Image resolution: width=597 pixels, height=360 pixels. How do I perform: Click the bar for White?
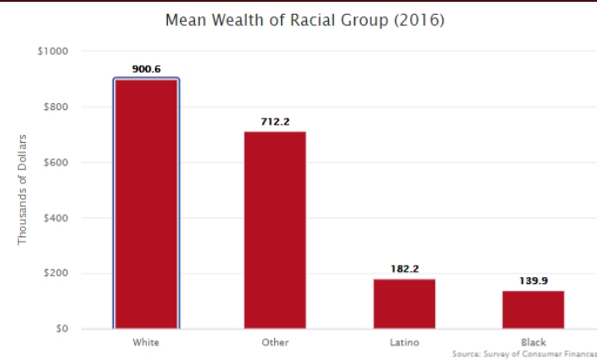tap(145, 204)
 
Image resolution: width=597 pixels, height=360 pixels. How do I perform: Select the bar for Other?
tap(274, 230)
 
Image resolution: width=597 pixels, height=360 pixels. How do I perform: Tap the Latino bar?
tap(404, 304)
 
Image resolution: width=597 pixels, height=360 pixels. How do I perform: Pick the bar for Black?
tap(534, 310)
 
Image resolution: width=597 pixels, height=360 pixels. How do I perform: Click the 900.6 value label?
tap(145, 69)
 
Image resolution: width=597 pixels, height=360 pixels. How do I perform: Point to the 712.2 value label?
tap(274, 121)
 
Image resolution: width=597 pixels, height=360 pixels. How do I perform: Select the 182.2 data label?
tap(404, 269)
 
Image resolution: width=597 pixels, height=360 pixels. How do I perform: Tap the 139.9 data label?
tap(534, 281)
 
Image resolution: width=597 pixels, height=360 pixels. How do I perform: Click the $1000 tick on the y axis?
tap(52, 52)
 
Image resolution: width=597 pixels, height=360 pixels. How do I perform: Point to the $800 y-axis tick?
tap(55, 107)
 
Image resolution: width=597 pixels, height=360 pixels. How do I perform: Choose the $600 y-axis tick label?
tap(55, 163)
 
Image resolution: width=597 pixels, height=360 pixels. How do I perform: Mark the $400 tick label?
tap(55, 218)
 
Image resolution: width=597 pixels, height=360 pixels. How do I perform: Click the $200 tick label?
tap(55, 273)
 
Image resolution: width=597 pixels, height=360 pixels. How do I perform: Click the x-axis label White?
tap(145, 343)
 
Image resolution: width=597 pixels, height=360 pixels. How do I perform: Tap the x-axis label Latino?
tap(404, 343)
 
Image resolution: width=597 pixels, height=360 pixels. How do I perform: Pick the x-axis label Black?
tap(534, 343)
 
